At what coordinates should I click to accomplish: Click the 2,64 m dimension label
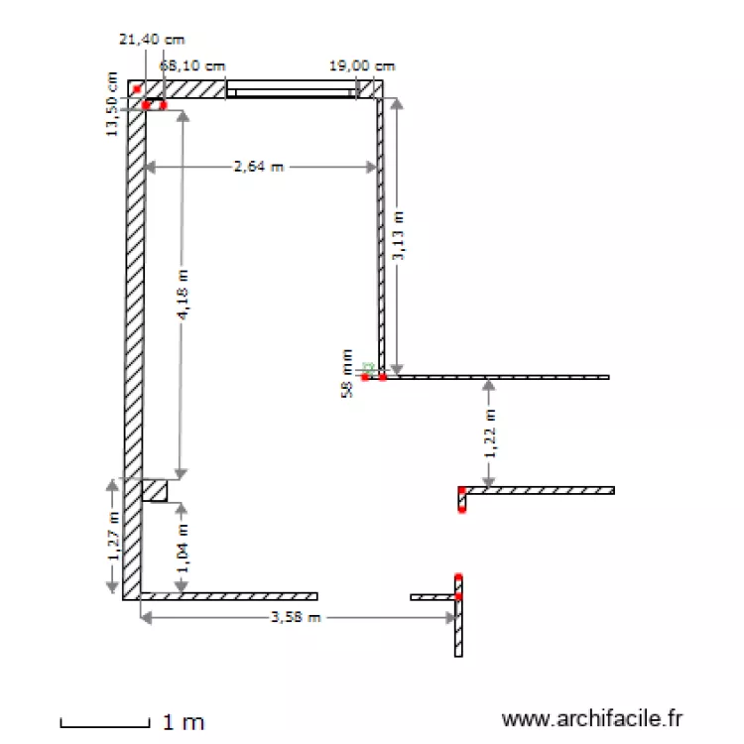point(259,167)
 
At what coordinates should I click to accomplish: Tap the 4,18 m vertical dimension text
point(184,295)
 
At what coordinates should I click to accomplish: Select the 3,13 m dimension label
point(398,235)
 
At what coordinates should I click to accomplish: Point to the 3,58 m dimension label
point(296,617)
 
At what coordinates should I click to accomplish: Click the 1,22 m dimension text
point(490,433)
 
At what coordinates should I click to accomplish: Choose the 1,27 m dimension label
point(113,536)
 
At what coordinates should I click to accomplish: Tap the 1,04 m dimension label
point(183,548)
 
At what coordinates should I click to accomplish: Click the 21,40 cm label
point(152,40)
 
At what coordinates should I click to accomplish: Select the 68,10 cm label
point(192,65)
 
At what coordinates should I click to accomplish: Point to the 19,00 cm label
point(362,65)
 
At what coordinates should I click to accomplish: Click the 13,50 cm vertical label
point(111,104)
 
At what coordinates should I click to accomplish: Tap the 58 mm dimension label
point(347,373)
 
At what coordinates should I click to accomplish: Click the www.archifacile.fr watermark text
point(591,719)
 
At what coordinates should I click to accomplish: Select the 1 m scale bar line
point(105,725)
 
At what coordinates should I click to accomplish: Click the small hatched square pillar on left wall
point(155,491)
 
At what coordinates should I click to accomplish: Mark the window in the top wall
point(291,89)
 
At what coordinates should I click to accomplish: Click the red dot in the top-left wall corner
point(137,89)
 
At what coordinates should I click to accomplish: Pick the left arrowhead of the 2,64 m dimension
point(150,167)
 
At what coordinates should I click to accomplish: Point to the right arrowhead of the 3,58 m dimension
point(451,618)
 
